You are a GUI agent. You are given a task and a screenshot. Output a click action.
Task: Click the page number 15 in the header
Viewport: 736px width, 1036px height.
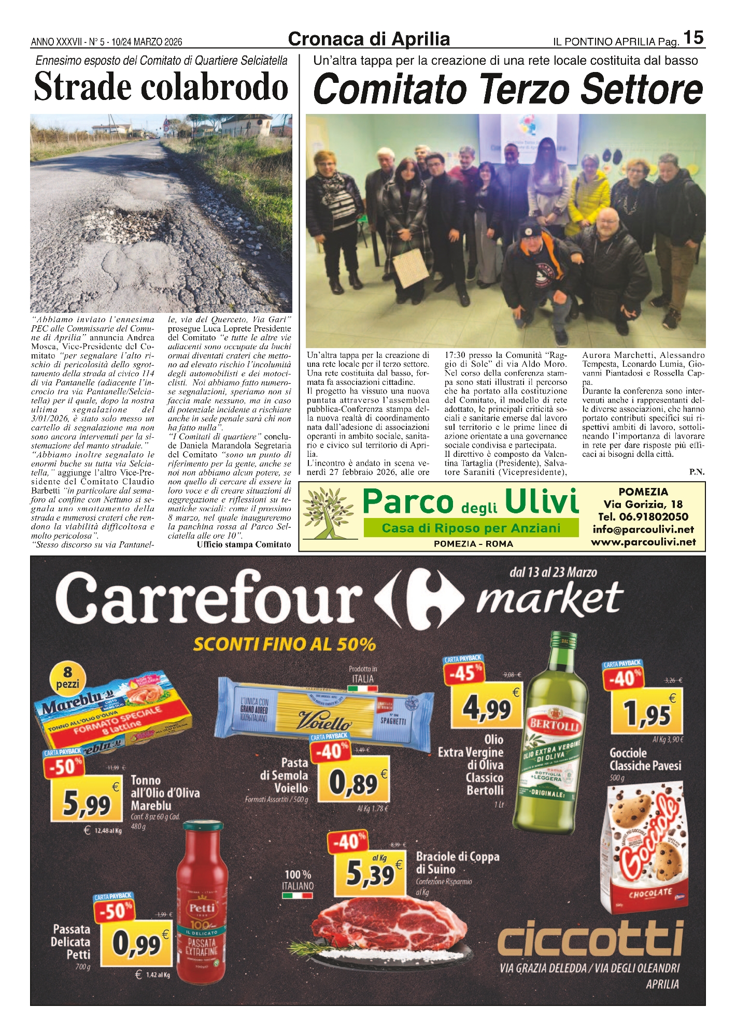(693, 38)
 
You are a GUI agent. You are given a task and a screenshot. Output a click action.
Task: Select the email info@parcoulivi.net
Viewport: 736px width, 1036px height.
(643, 529)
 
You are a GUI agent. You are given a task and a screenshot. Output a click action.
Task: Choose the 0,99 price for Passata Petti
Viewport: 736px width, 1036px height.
(137, 944)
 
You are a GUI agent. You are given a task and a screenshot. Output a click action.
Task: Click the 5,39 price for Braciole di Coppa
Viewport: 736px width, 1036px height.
(370, 874)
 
